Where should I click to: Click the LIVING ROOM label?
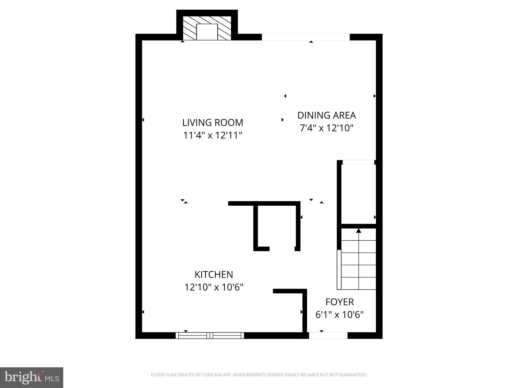pyautogui.click(x=212, y=123)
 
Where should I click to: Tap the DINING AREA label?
pyautogui.click(x=326, y=115)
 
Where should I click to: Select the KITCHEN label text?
pyautogui.click(x=214, y=275)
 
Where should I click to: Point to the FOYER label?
pyautogui.click(x=339, y=302)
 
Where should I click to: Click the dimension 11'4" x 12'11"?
pyautogui.click(x=212, y=136)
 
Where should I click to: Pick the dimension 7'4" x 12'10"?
pyautogui.click(x=326, y=128)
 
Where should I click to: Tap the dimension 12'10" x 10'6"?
pyautogui.click(x=214, y=287)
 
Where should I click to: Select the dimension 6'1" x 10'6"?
pyautogui.click(x=339, y=315)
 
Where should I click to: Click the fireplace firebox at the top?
pyautogui.click(x=207, y=32)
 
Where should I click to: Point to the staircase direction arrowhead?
pyautogui.click(x=358, y=231)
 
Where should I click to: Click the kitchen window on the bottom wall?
pyautogui.click(x=210, y=335)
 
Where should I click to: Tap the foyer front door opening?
pyautogui.click(x=328, y=335)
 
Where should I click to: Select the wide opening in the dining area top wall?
pyautogui.click(x=306, y=37)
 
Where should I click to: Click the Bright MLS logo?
pyautogui.click(x=32, y=377)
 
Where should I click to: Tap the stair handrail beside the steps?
pyautogui.click(x=339, y=269)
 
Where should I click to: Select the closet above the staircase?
pyautogui.click(x=358, y=194)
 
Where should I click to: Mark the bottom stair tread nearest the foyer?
pyautogui.click(x=358, y=283)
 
